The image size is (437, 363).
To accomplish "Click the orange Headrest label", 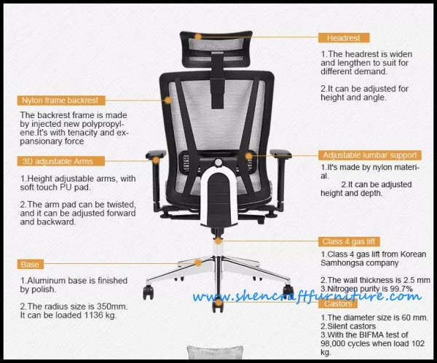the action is coord(344,38).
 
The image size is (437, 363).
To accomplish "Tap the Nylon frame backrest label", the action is coord(61,101).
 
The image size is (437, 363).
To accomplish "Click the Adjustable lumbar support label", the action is coord(370,155).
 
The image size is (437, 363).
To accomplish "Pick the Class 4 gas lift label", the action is coord(349,241).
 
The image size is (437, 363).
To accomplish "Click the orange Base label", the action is coord(30,264).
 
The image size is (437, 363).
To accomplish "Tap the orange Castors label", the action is coord(338,303).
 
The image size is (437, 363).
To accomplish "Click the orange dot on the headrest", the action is coord(198,37).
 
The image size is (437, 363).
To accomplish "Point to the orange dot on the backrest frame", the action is coord(168,100).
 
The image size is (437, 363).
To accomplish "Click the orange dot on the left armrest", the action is coord(156,160).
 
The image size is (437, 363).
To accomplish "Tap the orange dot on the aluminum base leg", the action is coord(198,262).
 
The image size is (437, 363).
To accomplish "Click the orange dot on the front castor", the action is coord(219,302).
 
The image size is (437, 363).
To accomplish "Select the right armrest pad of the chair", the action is coord(280,153).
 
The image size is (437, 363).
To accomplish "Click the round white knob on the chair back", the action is coord(219,162).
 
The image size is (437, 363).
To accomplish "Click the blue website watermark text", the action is coord(307,297).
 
